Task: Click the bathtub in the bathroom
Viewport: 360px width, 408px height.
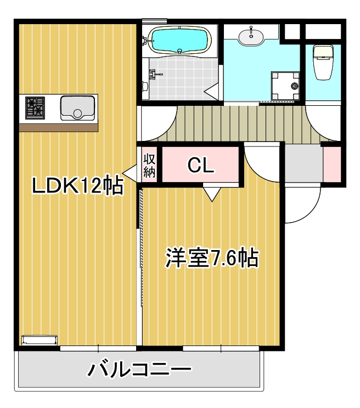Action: pos(180,41)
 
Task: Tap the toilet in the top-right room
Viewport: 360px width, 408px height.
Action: pos(323,62)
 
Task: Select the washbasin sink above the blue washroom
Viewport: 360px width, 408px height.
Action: pos(251,36)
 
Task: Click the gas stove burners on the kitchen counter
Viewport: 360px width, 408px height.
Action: pos(35,108)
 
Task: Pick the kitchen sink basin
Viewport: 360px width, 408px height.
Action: pos(77,108)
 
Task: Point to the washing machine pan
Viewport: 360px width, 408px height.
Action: pos(285,86)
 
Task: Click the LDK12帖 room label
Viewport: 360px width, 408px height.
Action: pos(77,185)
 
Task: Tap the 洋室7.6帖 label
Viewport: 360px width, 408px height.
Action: pos(212,258)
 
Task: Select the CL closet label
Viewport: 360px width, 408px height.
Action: pos(201,165)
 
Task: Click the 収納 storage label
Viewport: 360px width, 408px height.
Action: pos(149,165)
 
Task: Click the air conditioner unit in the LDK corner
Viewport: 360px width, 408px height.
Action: pos(40,340)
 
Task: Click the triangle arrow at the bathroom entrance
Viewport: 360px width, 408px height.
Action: pos(211,91)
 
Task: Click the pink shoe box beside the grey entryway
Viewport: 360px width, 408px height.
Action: pos(332,165)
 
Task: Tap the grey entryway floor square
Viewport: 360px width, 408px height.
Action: pos(304,163)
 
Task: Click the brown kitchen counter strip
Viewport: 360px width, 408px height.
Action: pos(59,128)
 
